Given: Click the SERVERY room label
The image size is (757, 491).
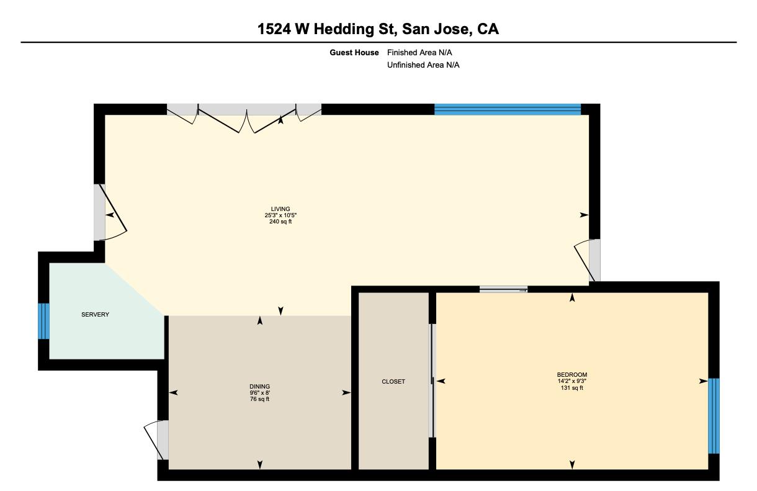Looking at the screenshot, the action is pos(96,315).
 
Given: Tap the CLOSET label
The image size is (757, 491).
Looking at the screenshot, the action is pos(393,381).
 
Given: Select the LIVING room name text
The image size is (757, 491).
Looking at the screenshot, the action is pos(280,209).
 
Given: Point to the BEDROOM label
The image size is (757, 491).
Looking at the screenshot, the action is pos(572,375).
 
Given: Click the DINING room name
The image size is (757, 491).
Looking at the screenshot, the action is pos(259,387).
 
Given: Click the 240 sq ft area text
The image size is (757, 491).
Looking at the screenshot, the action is pos(280,222).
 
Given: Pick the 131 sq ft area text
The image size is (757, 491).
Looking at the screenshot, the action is pos(572,388).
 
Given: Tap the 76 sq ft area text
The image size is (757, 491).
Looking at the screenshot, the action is pos(259,399).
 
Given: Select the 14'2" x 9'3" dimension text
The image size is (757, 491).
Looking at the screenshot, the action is pos(572,381).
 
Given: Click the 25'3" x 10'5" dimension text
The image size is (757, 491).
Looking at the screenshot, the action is pos(280,215).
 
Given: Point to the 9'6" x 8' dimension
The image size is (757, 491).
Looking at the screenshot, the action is pos(259,393).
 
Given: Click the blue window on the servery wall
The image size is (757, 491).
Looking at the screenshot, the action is pos(43,321).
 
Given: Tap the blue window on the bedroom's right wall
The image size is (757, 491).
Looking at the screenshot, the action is pos(714,416).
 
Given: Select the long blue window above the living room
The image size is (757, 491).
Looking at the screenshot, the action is pos(508,109).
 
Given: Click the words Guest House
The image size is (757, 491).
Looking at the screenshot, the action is pos(354,53).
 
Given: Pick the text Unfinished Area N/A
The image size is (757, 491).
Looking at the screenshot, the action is pos(423,65).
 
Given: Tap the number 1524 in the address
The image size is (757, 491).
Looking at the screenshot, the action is pos(274,29).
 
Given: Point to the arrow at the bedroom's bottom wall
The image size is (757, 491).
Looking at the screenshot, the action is pos(572,465).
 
